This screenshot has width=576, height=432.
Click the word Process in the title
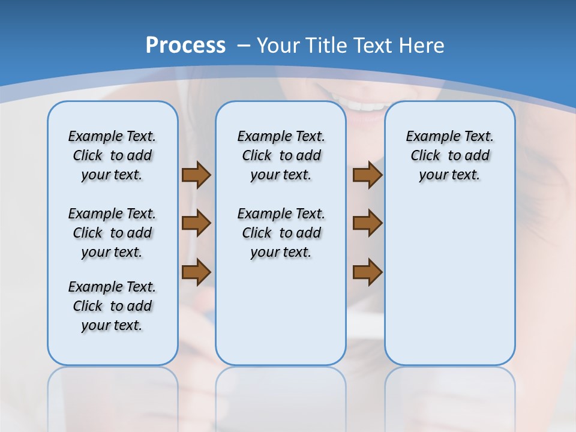(185, 45)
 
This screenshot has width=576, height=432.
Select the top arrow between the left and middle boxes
(196, 175)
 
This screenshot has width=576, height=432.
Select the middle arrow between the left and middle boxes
(196, 223)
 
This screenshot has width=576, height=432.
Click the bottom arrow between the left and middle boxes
(196, 272)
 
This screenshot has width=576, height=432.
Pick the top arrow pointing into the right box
(367, 175)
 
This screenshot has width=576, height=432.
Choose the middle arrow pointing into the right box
(367, 223)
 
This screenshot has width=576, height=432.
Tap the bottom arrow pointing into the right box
(367, 272)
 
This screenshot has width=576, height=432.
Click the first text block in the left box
(112, 155)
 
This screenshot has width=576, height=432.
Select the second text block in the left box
(112, 233)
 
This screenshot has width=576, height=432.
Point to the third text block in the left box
(112, 306)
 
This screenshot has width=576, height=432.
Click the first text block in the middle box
(281, 155)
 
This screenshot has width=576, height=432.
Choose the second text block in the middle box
(281, 233)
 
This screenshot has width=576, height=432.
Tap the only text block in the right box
(449, 155)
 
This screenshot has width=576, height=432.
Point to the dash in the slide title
(243, 45)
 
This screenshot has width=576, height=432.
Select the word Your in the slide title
(279, 45)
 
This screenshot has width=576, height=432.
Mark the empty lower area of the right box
(449, 288)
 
